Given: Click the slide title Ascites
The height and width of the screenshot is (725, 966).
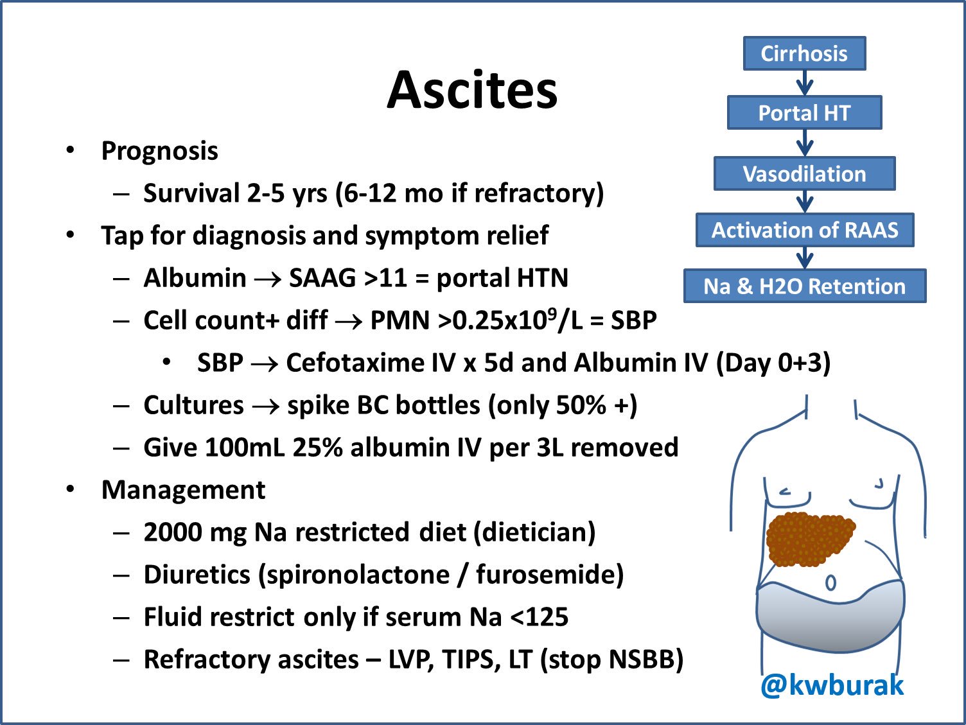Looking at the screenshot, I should tap(472, 90).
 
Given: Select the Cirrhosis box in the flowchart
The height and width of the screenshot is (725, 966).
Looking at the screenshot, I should tap(804, 53).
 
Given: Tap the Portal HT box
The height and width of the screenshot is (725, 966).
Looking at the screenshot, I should tap(804, 113).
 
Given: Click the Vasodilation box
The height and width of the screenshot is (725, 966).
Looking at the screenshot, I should tap(804, 174).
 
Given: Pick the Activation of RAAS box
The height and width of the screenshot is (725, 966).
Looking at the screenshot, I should tap(804, 230).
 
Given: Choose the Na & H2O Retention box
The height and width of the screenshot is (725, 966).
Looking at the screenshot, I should tap(804, 286).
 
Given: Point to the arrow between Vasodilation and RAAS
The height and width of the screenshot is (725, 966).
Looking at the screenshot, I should tap(804, 202).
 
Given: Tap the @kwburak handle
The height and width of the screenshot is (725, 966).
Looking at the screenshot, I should tap(832, 686).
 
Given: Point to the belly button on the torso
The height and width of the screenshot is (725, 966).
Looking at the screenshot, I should tap(830, 583).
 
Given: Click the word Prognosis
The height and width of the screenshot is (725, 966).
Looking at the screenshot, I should tap(159, 151).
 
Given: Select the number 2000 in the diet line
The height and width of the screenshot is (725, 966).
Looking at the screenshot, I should tap(172, 532).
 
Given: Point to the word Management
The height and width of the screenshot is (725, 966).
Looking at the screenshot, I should tap(183, 490).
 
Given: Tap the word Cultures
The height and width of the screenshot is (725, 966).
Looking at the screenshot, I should tap(193, 405).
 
